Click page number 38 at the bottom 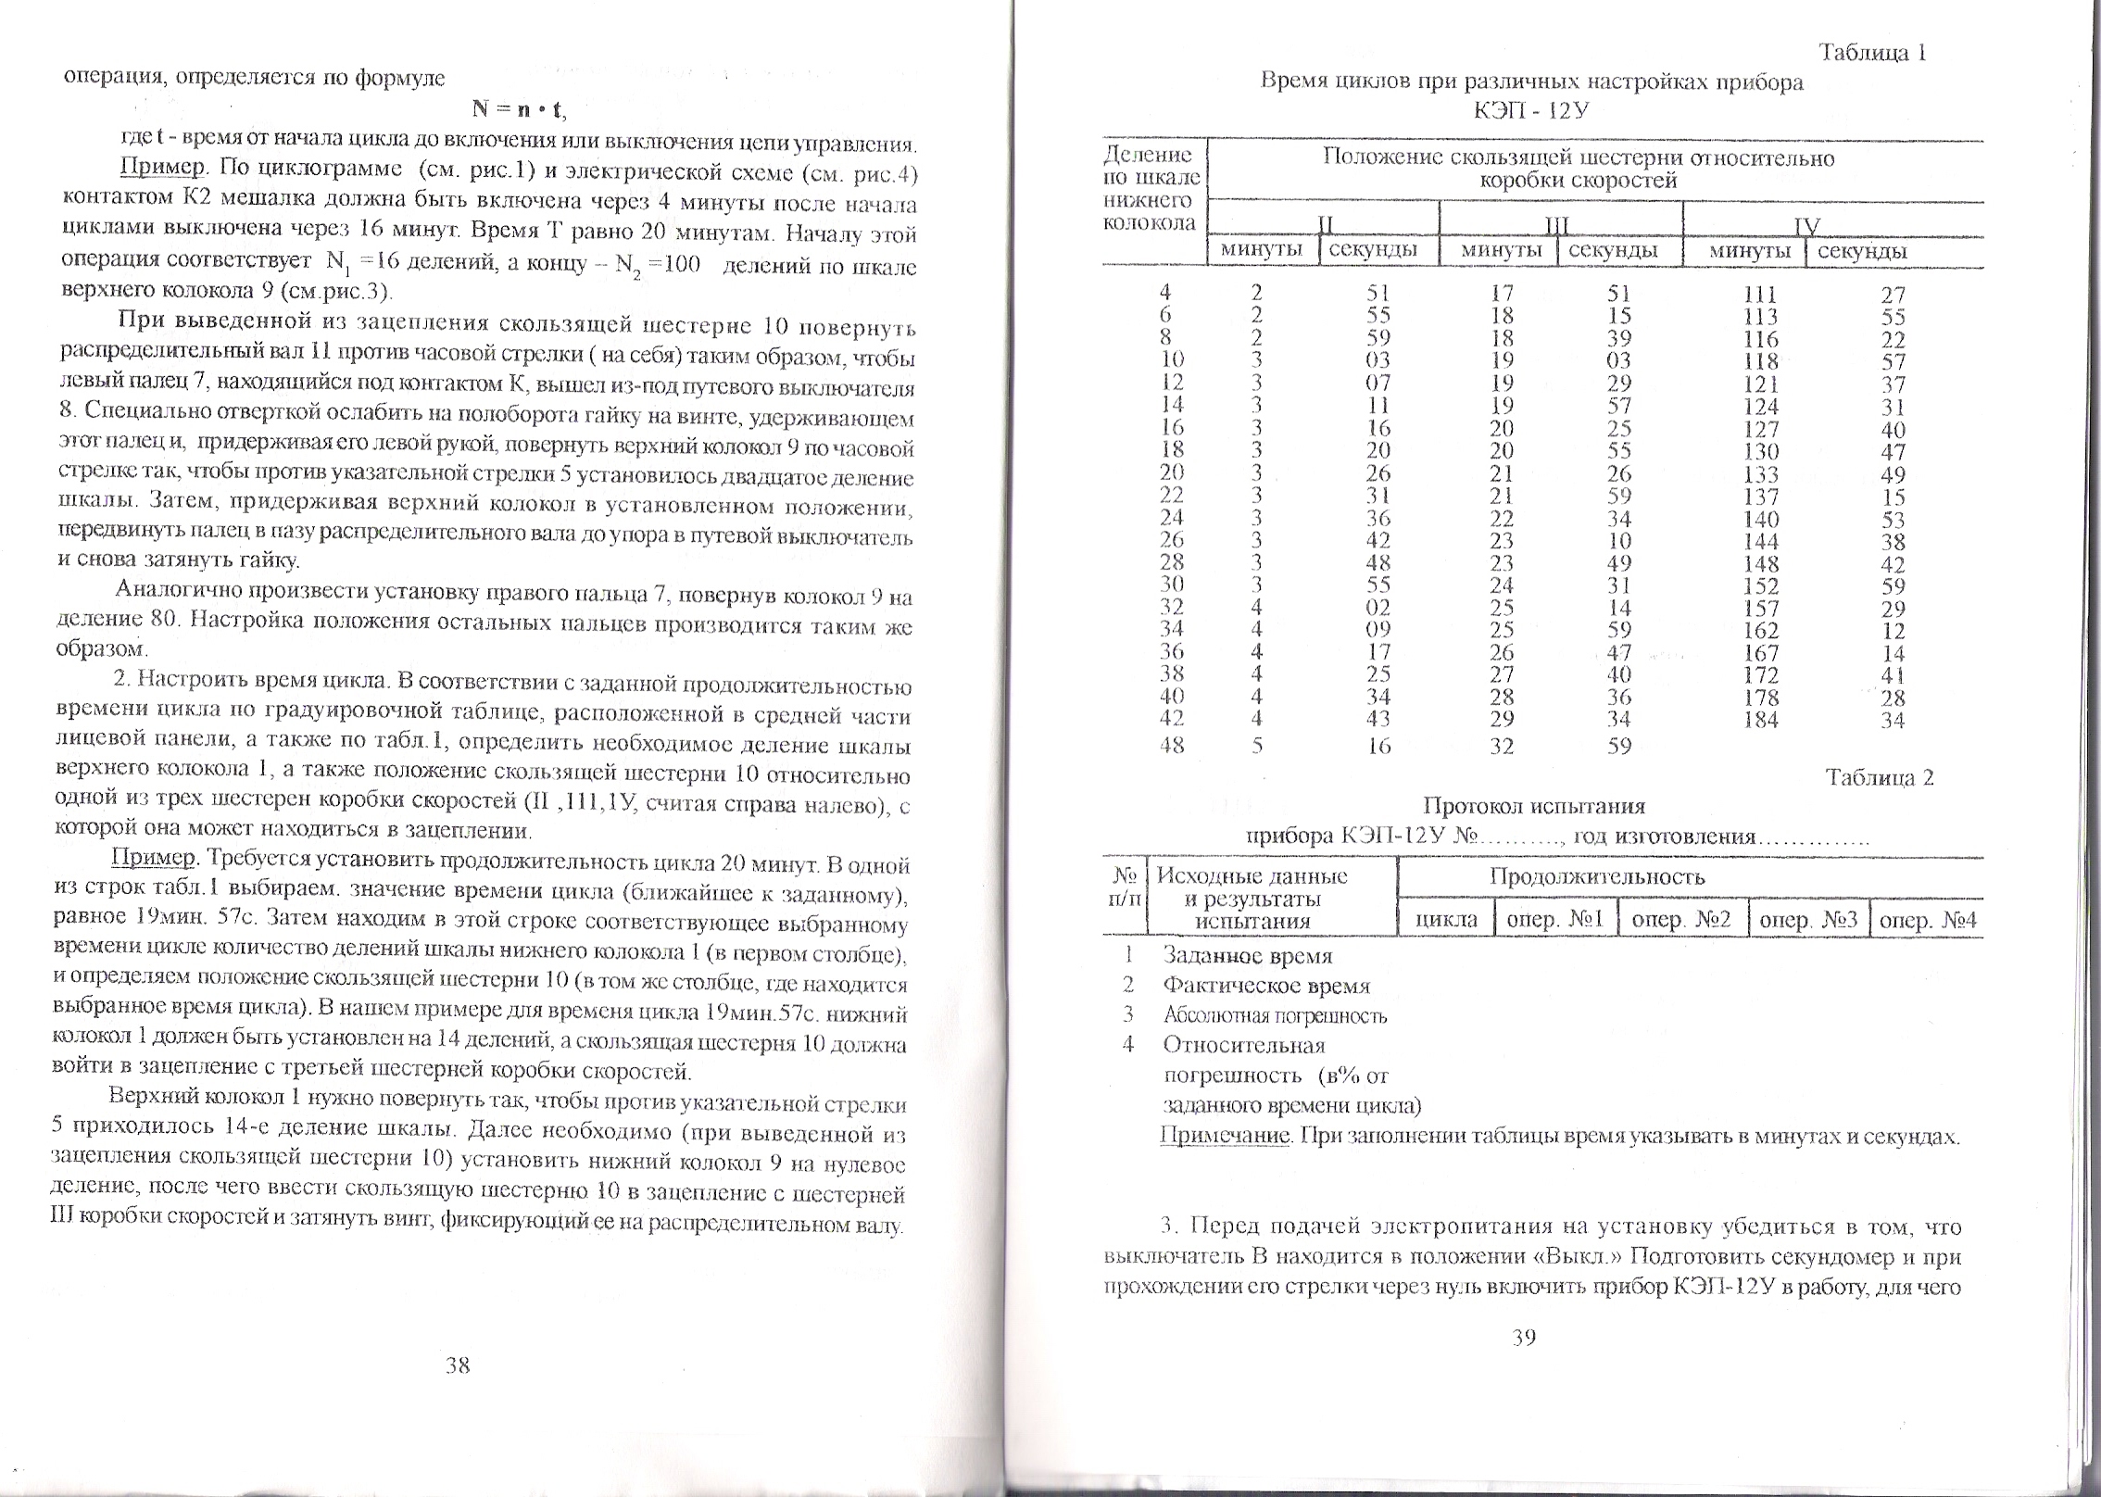(x=458, y=1365)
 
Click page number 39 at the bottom (x=1524, y=1337)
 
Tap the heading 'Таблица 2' (x=1879, y=777)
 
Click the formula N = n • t (x=518, y=109)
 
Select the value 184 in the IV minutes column (x=1760, y=719)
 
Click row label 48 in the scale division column (x=1172, y=745)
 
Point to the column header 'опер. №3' (x=1808, y=921)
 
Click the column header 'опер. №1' (x=1555, y=921)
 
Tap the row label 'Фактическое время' (x=1266, y=987)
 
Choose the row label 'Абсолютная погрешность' (x=1275, y=1016)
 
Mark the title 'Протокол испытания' (x=1533, y=805)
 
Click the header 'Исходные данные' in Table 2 (x=1253, y=876)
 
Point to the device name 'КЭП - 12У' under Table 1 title (x=1532, y=110)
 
